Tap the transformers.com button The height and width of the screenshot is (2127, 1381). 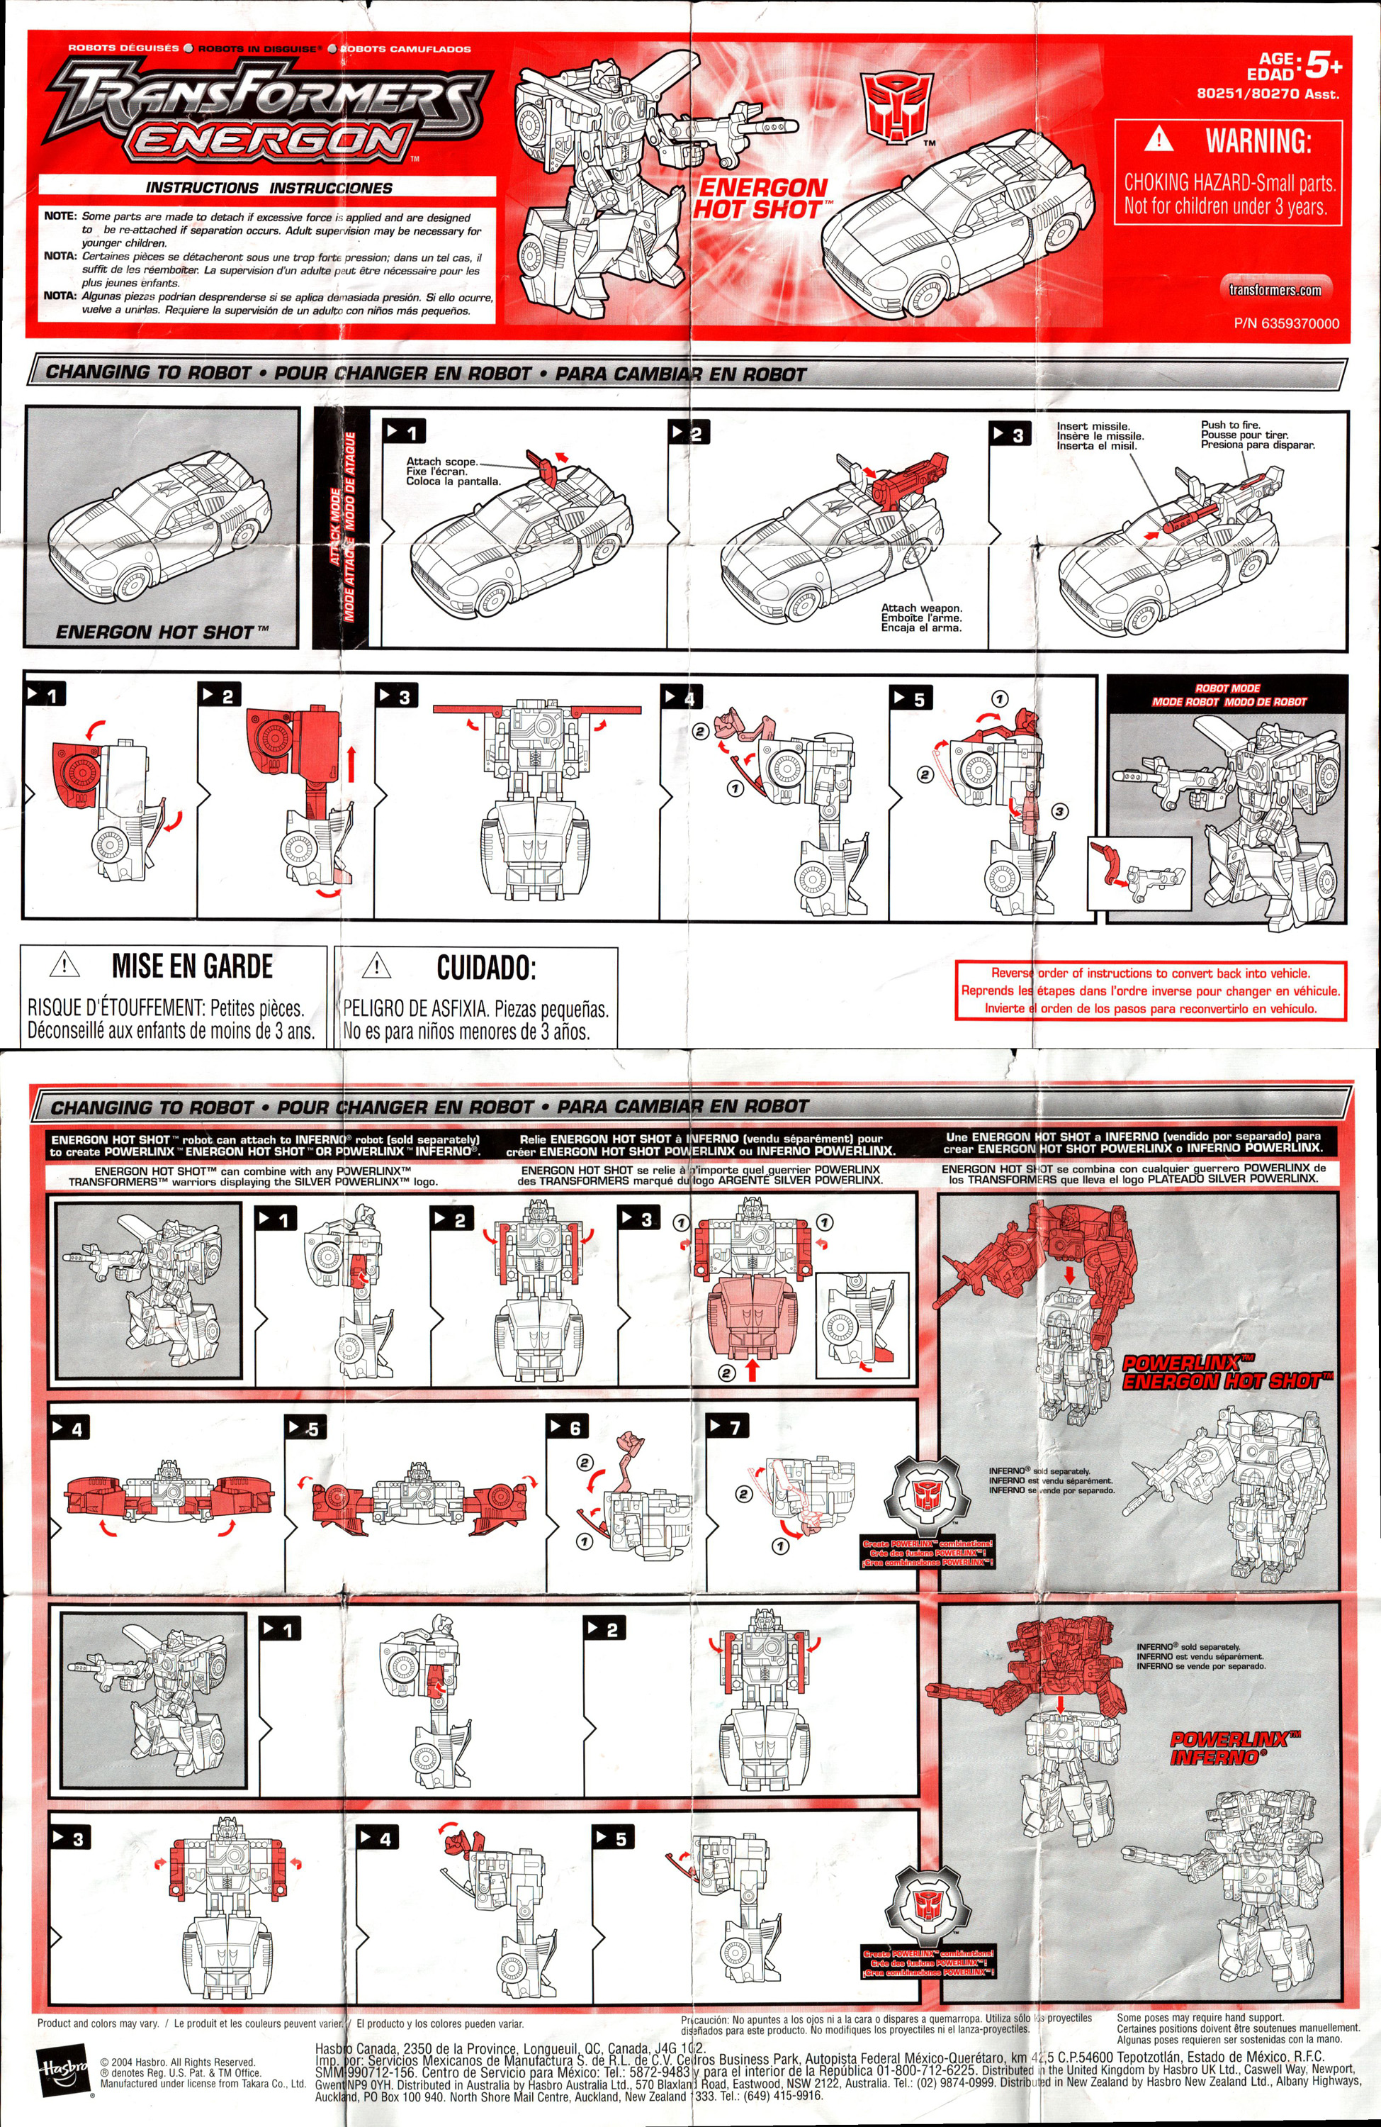pyautogui.click(x=1275, y=289)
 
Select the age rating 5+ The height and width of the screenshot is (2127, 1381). pyautogui.click(x=1323, y=65)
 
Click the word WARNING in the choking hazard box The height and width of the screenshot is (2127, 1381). pyautogui.click(x=1258, y=140)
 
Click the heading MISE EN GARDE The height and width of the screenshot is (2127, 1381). pyautogui.click(x=192, y=966)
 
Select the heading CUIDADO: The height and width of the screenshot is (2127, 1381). pyautogui.click(x=486, y=967)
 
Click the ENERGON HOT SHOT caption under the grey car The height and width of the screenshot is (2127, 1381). pyautogui.click(x=161, y=632)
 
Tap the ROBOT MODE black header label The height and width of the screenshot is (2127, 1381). pyautogui.click(x=1227, y=694)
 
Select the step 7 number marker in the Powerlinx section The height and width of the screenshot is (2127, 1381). pyautogui.click(x=726, y=1427)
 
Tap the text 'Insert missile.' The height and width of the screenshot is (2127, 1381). pyautogui.click(x=1093, y=426)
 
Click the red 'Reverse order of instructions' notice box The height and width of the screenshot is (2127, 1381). pyautogui.click(x=1151, y=990)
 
